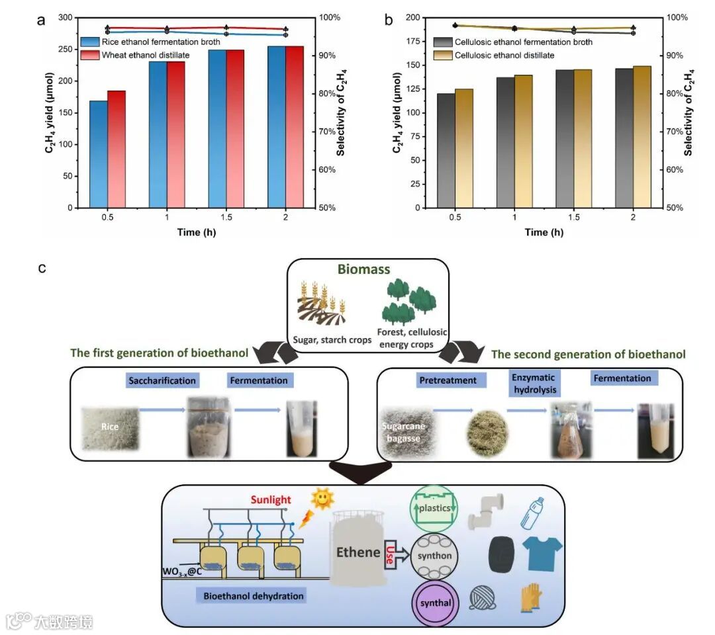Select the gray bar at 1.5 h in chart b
click(565, 139)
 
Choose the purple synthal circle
click(434, 603)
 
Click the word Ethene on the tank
click(358, 552)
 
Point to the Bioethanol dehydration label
click(254, 596)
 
